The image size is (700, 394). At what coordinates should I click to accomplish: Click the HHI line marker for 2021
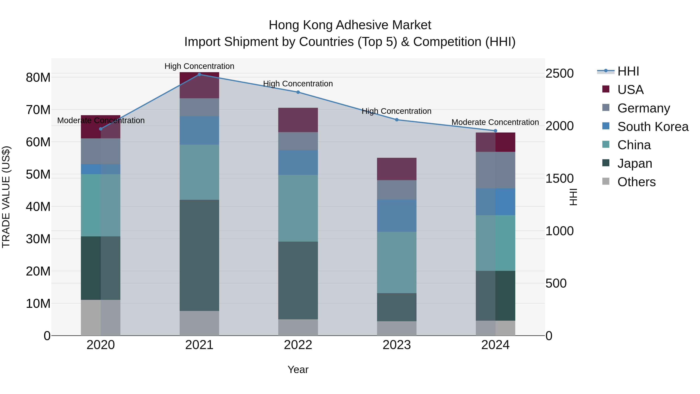coord(199,75)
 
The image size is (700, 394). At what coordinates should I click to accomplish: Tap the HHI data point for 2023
coord(396,120)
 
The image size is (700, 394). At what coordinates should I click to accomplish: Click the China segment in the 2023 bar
coord(396,262)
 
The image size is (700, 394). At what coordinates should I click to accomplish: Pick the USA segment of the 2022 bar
coord(298,120)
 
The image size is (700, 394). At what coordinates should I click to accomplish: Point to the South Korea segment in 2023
coord(396,215)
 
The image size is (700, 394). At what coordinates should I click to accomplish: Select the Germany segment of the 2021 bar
coord(199,107)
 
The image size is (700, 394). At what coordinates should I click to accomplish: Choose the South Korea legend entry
coord(653,127)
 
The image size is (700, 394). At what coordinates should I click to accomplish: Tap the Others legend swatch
coord(606,181)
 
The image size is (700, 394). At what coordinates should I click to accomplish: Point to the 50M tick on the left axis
coord(38,174)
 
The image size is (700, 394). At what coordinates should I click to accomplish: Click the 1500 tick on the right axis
coord(559,178)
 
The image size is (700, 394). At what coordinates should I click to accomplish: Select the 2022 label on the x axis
coord(298,345)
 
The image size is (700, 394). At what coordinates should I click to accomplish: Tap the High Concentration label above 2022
coord(298,84)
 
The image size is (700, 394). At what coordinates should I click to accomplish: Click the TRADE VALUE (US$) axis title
coord(6,197)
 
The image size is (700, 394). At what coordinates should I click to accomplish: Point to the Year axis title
coord(298,369)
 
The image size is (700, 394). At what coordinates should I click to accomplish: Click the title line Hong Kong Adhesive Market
coord(350,25)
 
